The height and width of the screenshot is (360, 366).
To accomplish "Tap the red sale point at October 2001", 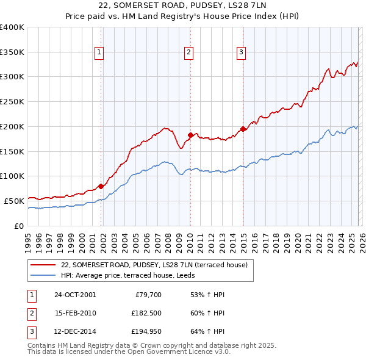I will click(101, 186).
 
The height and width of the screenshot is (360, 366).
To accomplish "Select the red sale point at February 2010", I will click(190, 134).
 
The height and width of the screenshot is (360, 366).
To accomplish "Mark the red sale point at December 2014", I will click(243, 128).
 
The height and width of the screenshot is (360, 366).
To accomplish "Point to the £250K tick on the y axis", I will click(12, 101).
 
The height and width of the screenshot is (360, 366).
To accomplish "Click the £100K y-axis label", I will click(12, 176).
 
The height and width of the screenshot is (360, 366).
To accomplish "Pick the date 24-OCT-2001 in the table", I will click(75, 295).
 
